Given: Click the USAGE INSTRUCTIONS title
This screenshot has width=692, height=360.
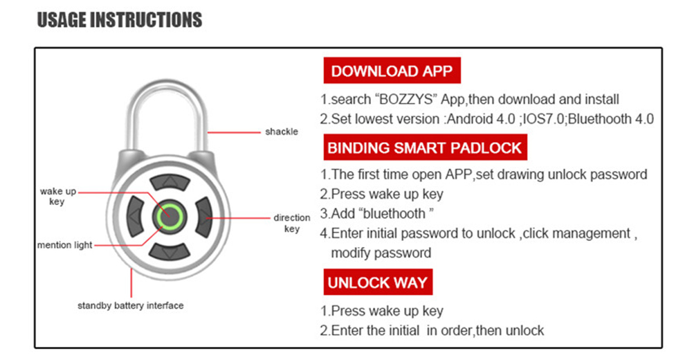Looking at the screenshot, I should click(x=119, y=20).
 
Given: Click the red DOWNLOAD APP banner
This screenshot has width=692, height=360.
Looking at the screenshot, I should click(x=392, y=71).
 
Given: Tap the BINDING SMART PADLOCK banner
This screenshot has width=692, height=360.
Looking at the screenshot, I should click(x=425, y=147).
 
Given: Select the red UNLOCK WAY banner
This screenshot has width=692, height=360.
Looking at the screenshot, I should click(x=377, y=282).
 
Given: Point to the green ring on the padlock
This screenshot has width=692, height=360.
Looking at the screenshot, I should click(x=167, y=217).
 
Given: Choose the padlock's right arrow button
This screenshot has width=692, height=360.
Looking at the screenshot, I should click(x=202, y=217).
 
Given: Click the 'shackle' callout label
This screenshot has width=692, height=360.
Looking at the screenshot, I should click(x=282, y=132).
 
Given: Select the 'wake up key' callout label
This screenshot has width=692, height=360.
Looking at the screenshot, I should click(x=57, y=197).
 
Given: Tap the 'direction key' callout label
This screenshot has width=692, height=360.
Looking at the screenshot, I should click(x=292, y=223).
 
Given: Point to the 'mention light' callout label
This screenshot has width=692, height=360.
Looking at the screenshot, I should click(x=64, y=245).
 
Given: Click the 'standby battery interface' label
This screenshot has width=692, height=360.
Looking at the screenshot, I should click(x=131, y=305).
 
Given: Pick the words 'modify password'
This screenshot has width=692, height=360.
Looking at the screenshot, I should click(x=381, y=253).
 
